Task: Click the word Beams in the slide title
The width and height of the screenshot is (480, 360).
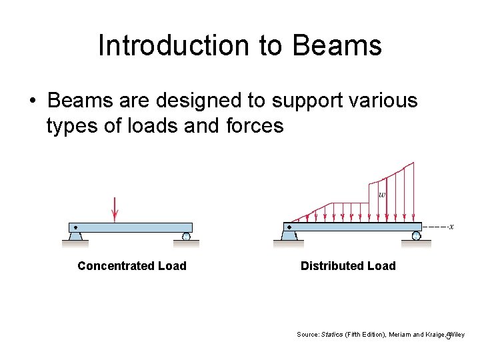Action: pos(337,46)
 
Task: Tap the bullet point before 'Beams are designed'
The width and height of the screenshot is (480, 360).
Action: pos(32,102)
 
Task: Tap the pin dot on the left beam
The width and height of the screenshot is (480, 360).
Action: pos(75,227)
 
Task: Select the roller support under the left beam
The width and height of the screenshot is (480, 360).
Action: pos(186,236)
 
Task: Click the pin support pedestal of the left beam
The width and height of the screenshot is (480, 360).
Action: pos(75,236)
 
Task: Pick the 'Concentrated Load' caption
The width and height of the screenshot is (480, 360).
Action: pos(132,266)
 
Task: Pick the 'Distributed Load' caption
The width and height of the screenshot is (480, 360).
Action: pos(348,266)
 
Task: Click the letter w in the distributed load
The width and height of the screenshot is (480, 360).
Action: pos(381,195)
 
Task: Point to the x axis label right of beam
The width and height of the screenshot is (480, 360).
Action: pos(451,227)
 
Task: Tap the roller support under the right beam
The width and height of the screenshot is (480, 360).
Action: pos(416,235)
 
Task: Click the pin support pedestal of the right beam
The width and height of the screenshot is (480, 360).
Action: pos(289,235)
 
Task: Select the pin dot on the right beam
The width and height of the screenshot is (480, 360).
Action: pos(289,227)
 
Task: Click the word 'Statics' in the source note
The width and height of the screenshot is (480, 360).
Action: pos(332,334)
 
